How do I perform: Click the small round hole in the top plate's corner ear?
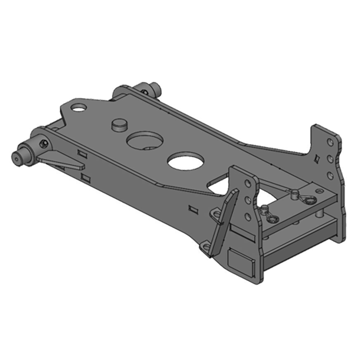pyautogui.click(x=79, y=108)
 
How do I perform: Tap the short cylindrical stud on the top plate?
pyautogui.click(x=119, y=125)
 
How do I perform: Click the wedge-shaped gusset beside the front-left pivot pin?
pyautogui.click(x=58, y=159)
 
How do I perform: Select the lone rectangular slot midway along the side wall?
pyautogui.click(x=193, y=209)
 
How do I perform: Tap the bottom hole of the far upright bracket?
pyautogui.click(x=331, y=175)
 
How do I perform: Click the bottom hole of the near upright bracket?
pyautogui.click(x=247, y=217)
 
